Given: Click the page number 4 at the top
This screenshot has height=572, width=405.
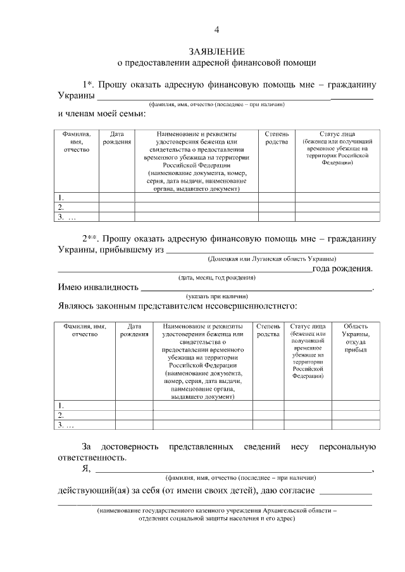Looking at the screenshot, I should click(x=216, y=30).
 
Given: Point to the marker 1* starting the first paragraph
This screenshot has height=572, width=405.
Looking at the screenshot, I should click(x=88, y=84).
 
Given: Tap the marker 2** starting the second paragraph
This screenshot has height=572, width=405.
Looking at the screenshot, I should click(x=90, y=239).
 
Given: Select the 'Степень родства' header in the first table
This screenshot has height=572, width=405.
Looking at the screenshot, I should click(x=277, y=138).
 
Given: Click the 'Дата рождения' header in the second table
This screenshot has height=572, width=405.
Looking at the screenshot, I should click(x=130, y=329).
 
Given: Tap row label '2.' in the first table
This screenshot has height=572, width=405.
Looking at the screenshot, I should click(x=61, y=207).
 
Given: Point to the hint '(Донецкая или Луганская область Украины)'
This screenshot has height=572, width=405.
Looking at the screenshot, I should click(x=272, y=259).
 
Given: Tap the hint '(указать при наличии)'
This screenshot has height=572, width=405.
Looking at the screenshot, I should click(x=216, y=296).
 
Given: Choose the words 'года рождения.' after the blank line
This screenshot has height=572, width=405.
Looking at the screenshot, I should click(x=342, y=269).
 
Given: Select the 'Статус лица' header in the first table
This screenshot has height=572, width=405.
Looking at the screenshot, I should click(x=337, y=134).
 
